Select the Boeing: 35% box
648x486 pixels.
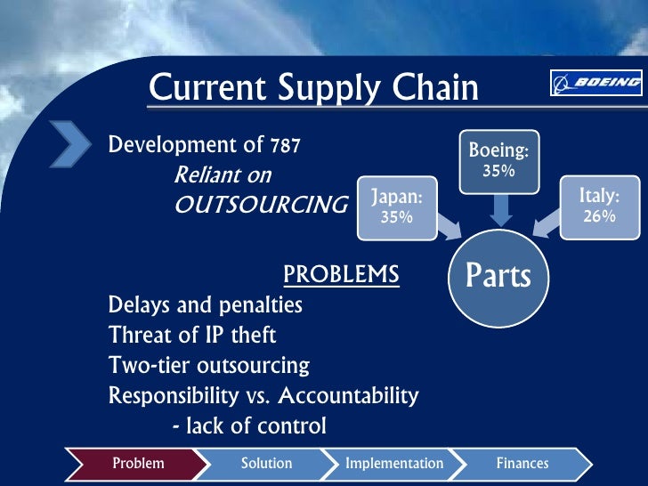(498, 161)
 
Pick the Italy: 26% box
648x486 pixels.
(599, 207)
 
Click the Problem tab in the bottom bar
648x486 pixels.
(139, 463)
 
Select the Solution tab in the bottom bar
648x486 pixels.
(266, 463)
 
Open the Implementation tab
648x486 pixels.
(394, 463)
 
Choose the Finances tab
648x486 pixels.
(522, 463)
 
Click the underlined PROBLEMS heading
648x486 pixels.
(341, 275)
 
